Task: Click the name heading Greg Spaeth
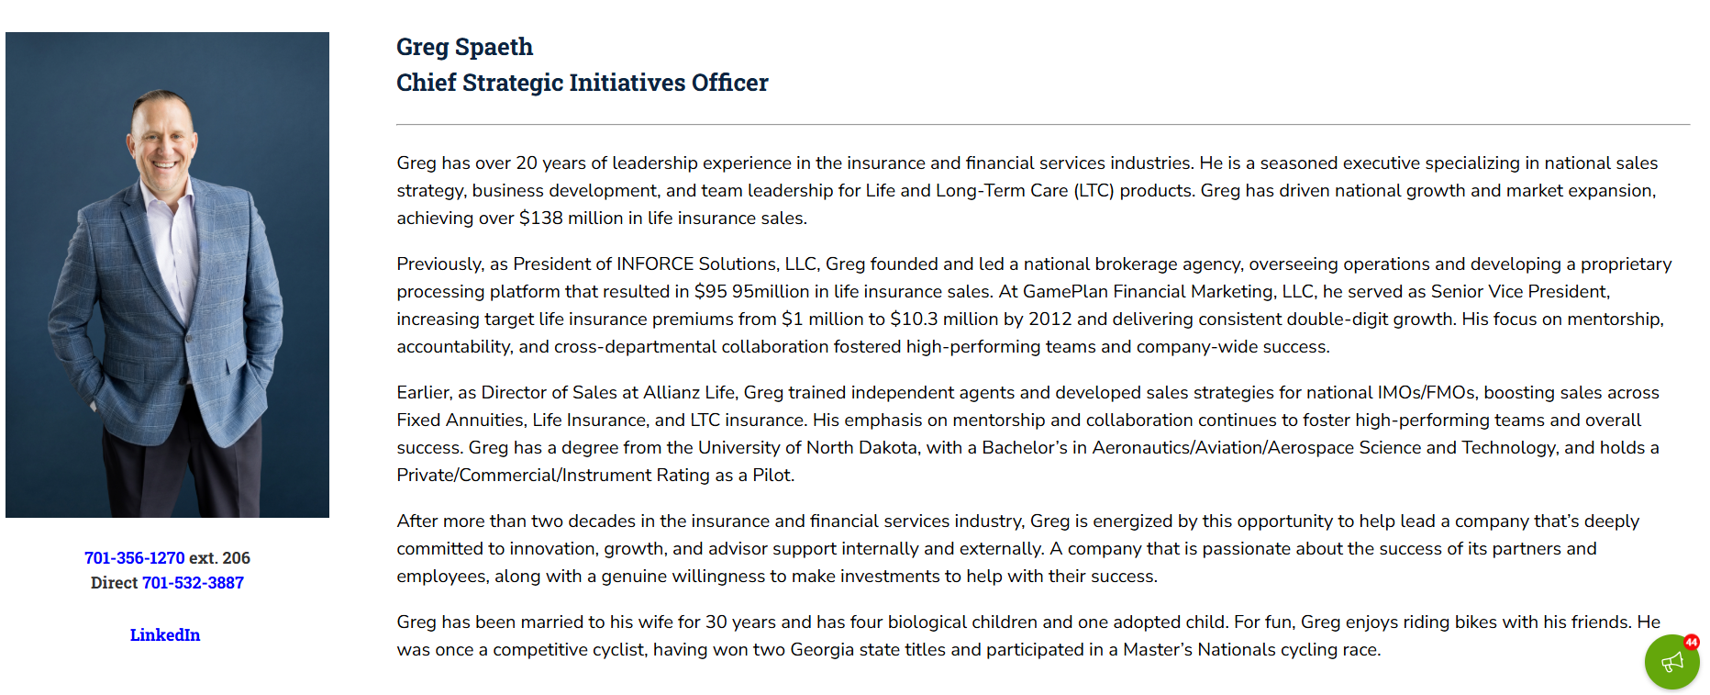click(x=464, y=47)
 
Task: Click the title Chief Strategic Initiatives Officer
click(x=582, y=83)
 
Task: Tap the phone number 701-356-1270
click(x=134, y=558)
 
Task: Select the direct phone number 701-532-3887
click(x=193, y=583)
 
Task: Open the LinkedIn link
click(x=165, y=635)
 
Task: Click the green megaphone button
click(x=1671, y=662)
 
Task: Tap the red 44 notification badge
click(x=1692, y=643)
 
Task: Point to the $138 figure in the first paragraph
click(x=540, y=219)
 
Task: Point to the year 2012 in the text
click(x=1049, y=319)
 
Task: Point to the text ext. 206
click(x=219, y=558)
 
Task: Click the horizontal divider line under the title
click(x=1042, y=124)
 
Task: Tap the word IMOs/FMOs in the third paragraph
click(x=1427, y=393)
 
